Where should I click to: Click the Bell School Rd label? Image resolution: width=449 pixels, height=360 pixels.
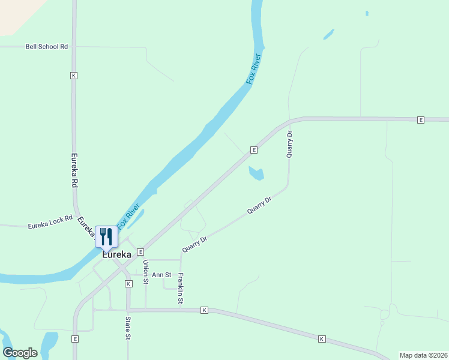(47, 46)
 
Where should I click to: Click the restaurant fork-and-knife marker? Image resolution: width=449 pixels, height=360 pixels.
(106, 236)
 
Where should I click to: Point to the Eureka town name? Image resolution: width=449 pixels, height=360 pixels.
(116, 254)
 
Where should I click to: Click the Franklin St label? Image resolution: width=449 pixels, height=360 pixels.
(180, 289)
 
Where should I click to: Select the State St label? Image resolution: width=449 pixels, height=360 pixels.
(128, 328)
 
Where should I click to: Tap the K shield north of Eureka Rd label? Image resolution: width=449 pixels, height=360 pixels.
(74, 76)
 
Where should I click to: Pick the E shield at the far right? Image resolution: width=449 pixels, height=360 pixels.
(421, 120)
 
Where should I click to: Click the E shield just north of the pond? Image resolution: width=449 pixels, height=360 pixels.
(254, 149)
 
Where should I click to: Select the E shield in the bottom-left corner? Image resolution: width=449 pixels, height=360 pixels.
(75, 339)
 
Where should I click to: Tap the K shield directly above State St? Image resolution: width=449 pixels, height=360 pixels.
(128, 283)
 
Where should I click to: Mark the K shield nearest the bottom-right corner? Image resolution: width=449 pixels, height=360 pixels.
(322, 339)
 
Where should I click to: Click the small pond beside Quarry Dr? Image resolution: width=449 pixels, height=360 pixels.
(256, 173)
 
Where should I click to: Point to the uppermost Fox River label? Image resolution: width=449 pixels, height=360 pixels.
(255, 69)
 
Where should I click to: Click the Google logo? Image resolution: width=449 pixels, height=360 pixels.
(20, 353)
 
